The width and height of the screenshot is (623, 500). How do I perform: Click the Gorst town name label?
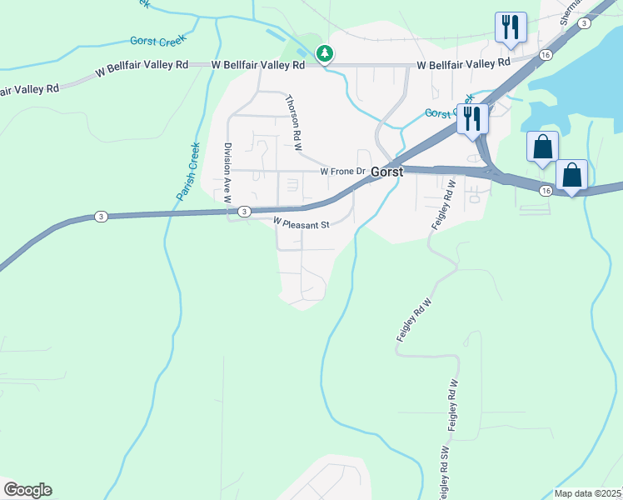click(x=386, y=172)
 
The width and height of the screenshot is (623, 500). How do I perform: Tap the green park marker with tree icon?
click(x=325, y=54)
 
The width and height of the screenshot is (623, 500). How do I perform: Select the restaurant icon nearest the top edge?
click(x=510, y=27)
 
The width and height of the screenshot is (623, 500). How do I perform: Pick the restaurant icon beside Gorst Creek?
click(x=471, y=117)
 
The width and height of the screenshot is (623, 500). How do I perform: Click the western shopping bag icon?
click(x=542, y=147)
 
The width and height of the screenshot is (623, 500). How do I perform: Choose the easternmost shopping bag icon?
click(x=571, y=175)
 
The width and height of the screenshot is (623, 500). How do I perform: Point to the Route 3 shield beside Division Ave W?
click(x=243, y=212)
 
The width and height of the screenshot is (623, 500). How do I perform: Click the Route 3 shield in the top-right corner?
click(x=586, y=23)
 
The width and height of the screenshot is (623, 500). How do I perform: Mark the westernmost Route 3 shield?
click(x=100, y=217)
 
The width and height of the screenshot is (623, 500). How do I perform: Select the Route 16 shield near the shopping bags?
click(x=546, y=191)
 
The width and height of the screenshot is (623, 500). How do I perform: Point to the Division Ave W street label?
click(x=226, y=172)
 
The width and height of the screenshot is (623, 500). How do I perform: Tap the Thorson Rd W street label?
click(x=292, y=122)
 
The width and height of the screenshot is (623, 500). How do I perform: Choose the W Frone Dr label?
click(x=343, y=172)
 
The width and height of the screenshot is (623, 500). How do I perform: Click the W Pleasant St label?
click(x=302, y=223)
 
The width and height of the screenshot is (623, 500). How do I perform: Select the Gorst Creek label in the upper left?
click(x=158, y=40)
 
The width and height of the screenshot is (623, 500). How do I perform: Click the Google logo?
click(x=27, y=490)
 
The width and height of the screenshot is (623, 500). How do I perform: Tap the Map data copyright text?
click(x=588, y=493)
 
